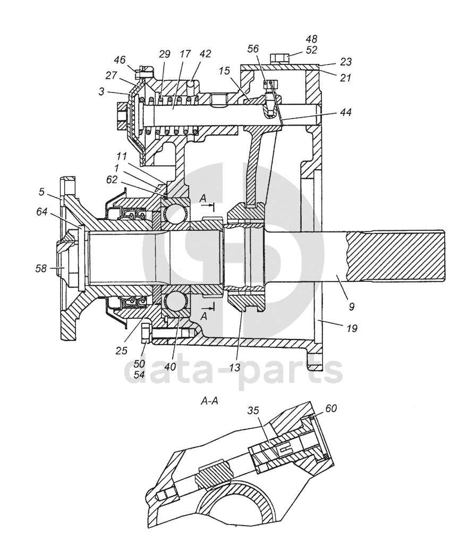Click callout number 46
click(120, 60)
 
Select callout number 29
click(165, 54)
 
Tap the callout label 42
click(205, 54)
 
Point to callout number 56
click(253, 48)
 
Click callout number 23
click(346, 62)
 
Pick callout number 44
click(346, 112)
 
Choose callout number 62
click(112, 180)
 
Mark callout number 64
click(41, 212)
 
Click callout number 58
click(41, 269)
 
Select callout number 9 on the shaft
click(351, 306)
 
